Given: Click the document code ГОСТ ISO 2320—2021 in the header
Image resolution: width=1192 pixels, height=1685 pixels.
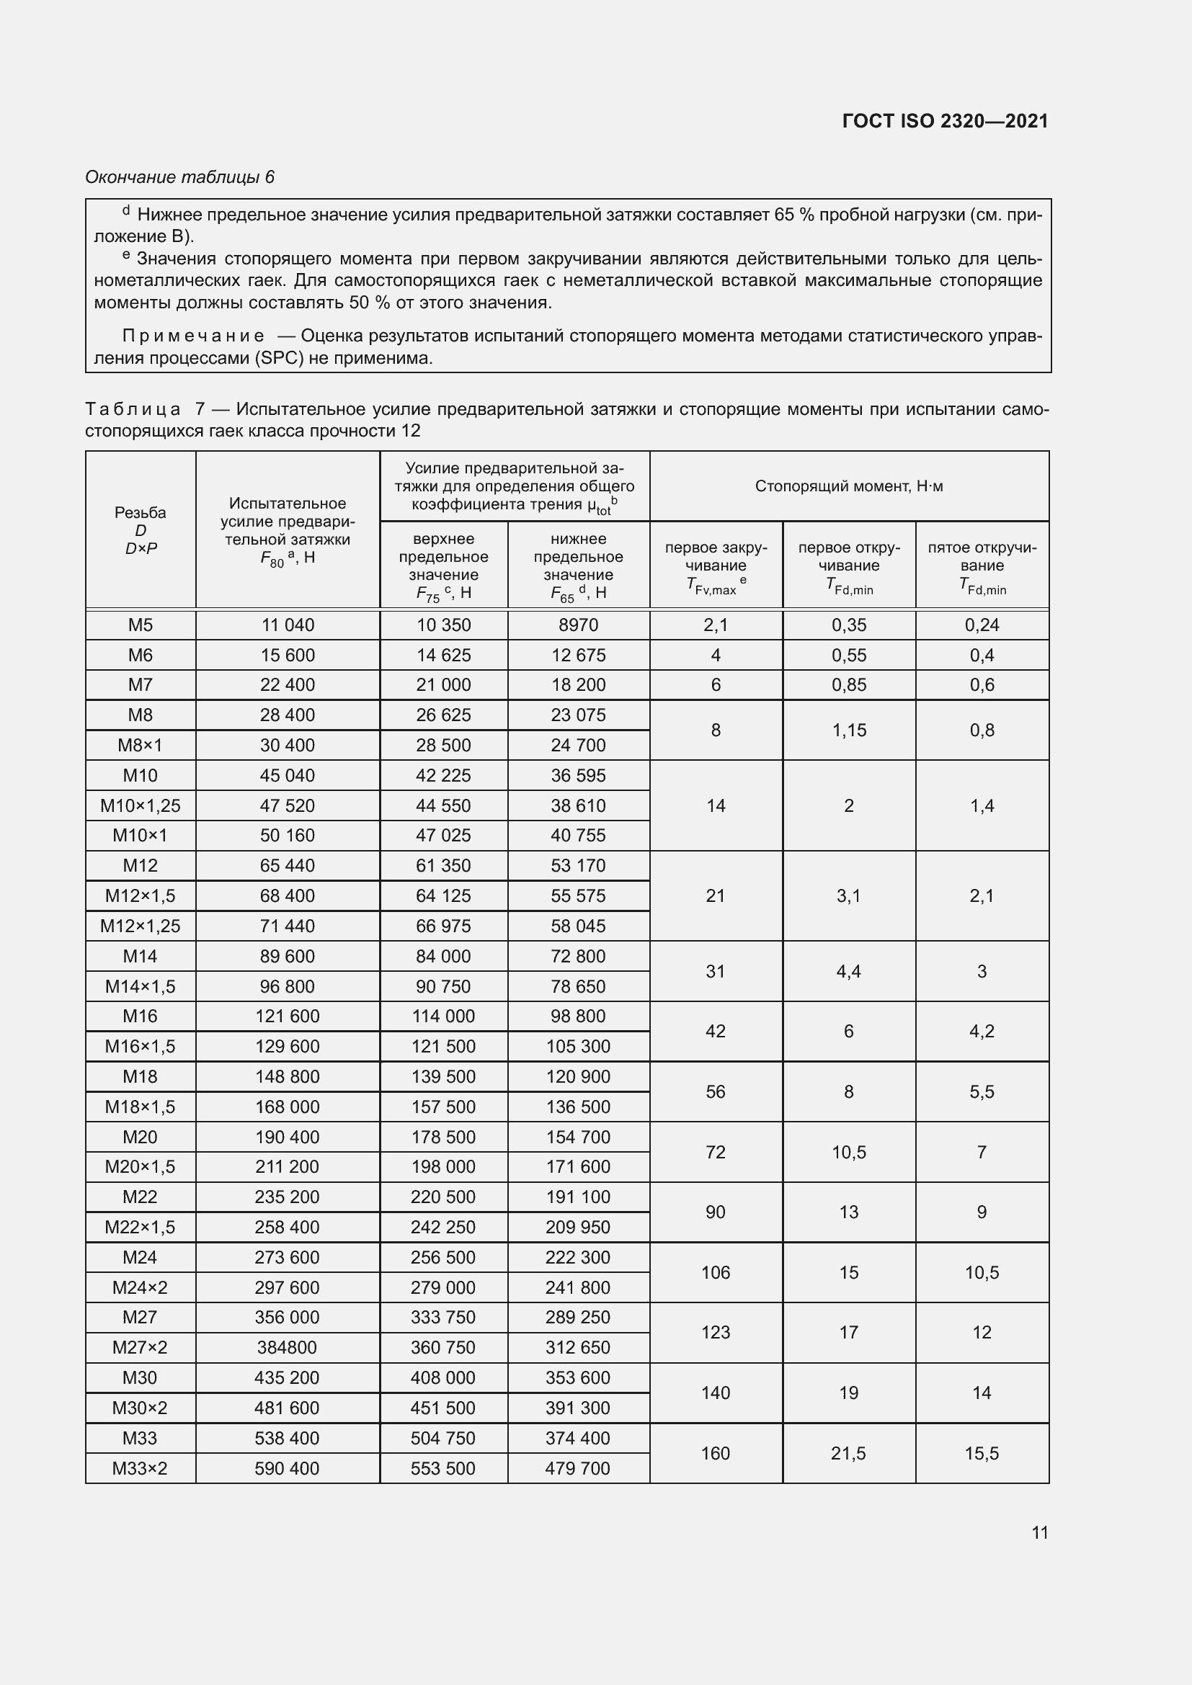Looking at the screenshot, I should click(945, 121).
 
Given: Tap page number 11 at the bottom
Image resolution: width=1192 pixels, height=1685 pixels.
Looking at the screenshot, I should click(1039, 1532).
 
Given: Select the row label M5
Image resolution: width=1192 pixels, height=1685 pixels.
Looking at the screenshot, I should click(141, 625).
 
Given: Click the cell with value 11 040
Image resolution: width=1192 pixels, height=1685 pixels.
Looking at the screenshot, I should click(287, 625).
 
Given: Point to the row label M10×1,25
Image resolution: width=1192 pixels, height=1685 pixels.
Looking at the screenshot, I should click(141, 805).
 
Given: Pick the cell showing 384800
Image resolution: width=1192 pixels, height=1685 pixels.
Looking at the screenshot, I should click(287, 1347).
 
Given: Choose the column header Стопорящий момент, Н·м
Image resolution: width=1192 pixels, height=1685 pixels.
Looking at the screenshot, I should click(848, 486).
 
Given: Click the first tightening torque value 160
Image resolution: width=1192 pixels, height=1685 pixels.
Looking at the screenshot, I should click(716, 1453).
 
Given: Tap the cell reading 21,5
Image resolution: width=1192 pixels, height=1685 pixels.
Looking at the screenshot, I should click(848, 1453).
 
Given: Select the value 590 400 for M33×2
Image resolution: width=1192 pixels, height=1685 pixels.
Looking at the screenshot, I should click(287, 1468).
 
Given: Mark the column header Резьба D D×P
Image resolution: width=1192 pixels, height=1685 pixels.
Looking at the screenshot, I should click(141, 530).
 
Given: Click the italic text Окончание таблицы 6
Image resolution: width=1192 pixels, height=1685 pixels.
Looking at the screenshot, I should click(180, 177).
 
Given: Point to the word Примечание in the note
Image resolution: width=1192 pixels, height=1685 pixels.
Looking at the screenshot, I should click(193, 336).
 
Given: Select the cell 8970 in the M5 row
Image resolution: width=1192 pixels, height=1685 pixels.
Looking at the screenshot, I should click(579, 625).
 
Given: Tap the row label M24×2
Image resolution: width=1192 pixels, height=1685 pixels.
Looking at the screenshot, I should click(141, 1287).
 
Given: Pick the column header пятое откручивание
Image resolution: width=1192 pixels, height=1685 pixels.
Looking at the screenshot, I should click(982, 565).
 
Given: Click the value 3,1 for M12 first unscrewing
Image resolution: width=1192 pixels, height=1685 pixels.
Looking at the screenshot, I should click(848, 895).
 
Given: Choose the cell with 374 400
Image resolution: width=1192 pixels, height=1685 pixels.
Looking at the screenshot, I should click(579, 1439).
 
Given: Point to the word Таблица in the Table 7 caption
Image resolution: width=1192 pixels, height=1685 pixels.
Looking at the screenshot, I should click(133, 408).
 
